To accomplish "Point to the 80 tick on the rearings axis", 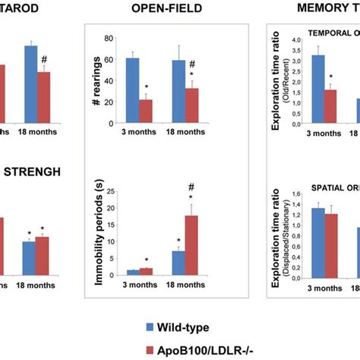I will (112, 38).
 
